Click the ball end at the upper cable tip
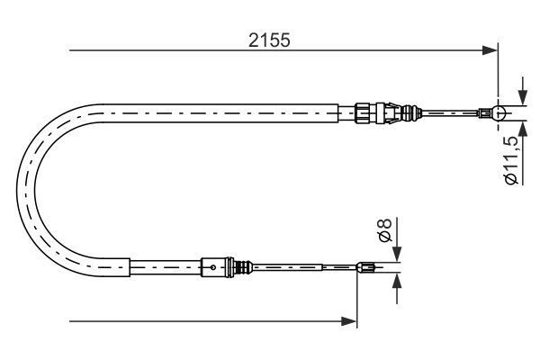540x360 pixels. click(x=500, y=113)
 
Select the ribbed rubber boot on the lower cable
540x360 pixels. click(x=241, y=266)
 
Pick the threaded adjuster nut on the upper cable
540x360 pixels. click(x=364, y=112)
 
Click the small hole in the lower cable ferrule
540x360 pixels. click(x=211, y=266)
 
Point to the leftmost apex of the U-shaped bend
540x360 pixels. click(x=22, y=189)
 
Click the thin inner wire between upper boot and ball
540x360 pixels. click(x=450, y=113)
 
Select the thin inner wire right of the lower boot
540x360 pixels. click(x=288, y=266)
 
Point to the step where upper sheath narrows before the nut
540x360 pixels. click(x=338, y=112)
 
